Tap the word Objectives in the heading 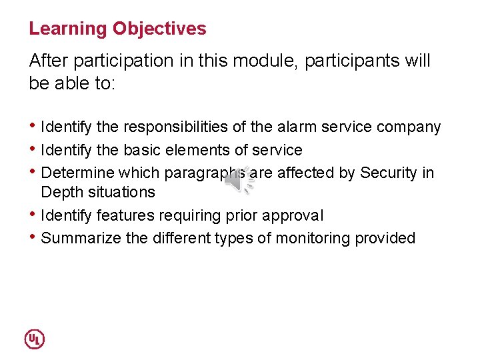point(159,29)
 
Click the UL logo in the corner point(35,339)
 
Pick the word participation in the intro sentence point(123,61)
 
